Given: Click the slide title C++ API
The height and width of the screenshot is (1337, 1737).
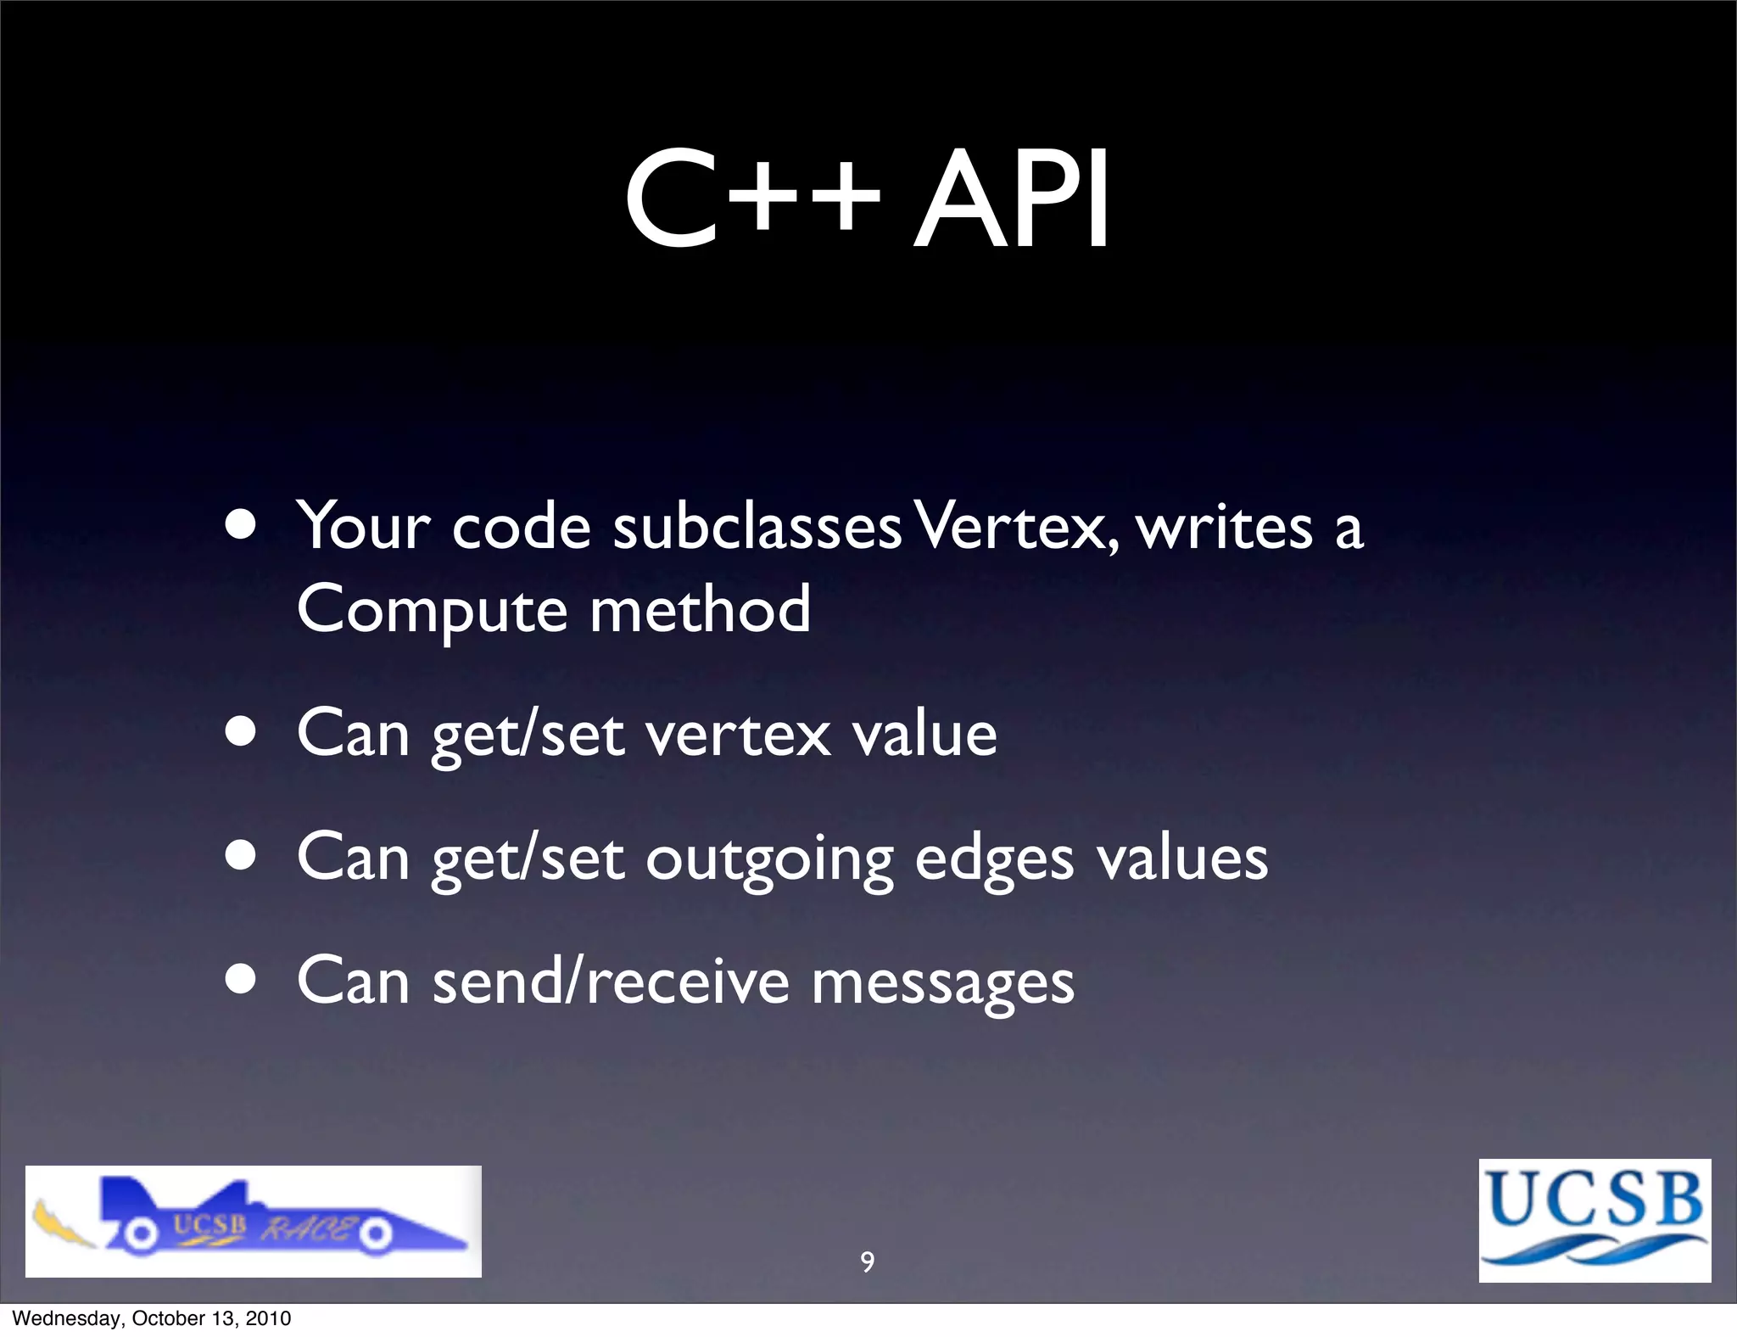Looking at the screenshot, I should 867,200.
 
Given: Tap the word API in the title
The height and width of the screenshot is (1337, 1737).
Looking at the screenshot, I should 1011,200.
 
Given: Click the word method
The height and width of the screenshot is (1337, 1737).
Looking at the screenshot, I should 700,609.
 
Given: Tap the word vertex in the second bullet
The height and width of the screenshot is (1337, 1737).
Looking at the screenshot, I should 738,735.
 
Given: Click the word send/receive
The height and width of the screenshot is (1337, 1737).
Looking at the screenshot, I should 611,982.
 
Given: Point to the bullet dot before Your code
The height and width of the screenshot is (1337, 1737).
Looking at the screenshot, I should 242,525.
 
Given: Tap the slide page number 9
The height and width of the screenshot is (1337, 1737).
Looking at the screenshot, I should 867,1262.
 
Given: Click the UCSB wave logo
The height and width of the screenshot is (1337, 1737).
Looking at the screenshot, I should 1595,1220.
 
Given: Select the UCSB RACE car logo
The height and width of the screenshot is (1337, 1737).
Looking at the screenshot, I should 253,1222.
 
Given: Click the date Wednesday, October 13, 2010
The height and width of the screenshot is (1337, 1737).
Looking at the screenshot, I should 152,1318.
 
